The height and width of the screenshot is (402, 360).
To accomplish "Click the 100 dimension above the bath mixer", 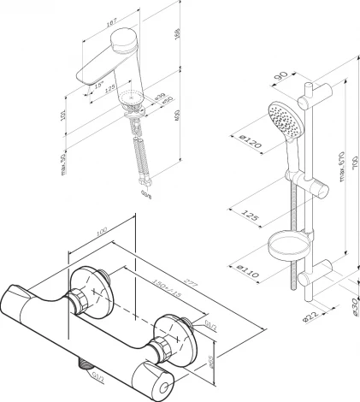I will pyautogui.click(x=101, y=233).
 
